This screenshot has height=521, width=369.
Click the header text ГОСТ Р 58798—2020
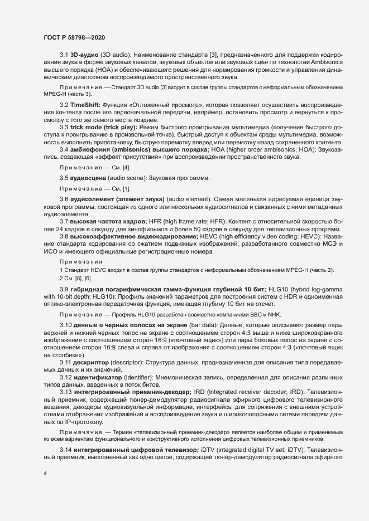coord(74,37)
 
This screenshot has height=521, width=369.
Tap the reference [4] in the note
coord(127,183)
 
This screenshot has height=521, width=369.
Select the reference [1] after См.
coord(127,204)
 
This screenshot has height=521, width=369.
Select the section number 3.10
coord(65,309)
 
